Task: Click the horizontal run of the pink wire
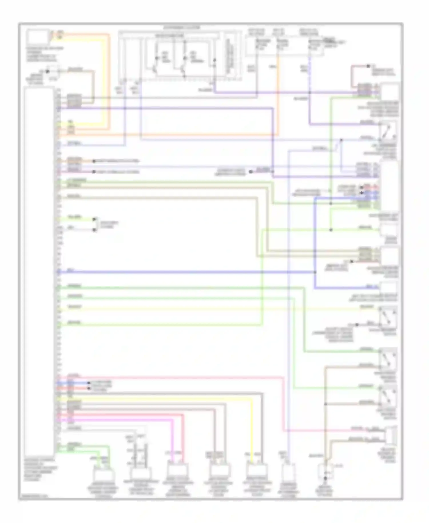[172, 377]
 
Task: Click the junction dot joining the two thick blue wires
[315, 272]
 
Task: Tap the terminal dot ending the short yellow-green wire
[94, 220]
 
